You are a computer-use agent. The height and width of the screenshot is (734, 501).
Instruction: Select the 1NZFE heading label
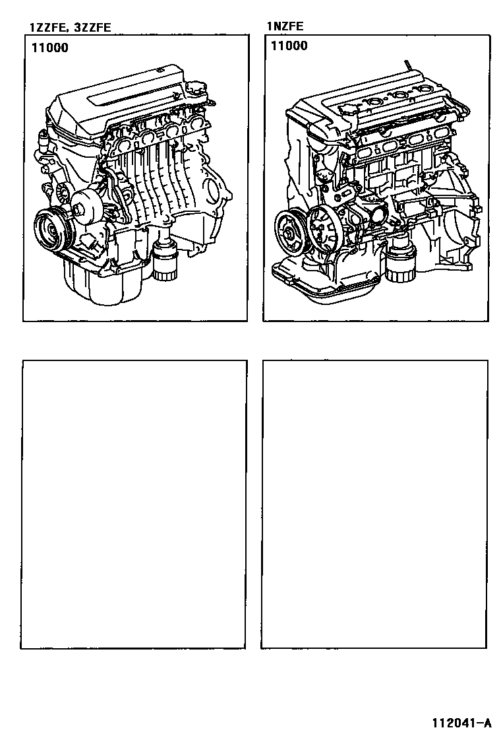coord(285,26)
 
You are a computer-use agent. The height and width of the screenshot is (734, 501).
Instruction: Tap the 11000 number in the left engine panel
coord(50,48)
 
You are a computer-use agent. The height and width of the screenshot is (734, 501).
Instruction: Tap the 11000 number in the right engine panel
coord(289,46)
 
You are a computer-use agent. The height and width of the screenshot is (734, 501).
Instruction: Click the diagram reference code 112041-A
coord(461,723)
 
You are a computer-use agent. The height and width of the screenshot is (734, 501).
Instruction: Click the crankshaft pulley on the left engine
coord(52,230)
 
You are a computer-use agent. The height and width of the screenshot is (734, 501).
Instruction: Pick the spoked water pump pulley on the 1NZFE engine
coord(323,229)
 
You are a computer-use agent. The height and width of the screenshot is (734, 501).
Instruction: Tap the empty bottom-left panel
coord(134,504)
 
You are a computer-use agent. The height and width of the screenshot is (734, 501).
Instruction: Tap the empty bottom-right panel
coord(374,504)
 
